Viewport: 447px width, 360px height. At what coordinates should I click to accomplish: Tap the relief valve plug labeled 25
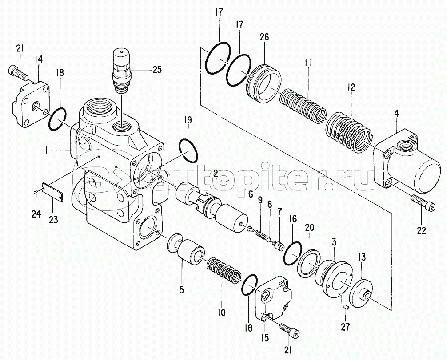point(122,70)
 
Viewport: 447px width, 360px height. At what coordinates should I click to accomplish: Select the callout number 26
point(264,37)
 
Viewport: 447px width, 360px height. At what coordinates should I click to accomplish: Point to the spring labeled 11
point(302,105)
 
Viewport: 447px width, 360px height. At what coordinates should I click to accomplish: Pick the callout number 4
point(396,113)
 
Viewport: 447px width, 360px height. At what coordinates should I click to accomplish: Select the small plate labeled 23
point(52,191)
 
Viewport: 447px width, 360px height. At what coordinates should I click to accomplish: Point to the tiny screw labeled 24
point(35,192)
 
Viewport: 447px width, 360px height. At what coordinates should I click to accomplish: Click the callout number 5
point(181,290)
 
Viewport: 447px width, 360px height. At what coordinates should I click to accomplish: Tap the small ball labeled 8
point(268,241)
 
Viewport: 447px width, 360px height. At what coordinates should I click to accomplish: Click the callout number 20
point(310,227)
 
